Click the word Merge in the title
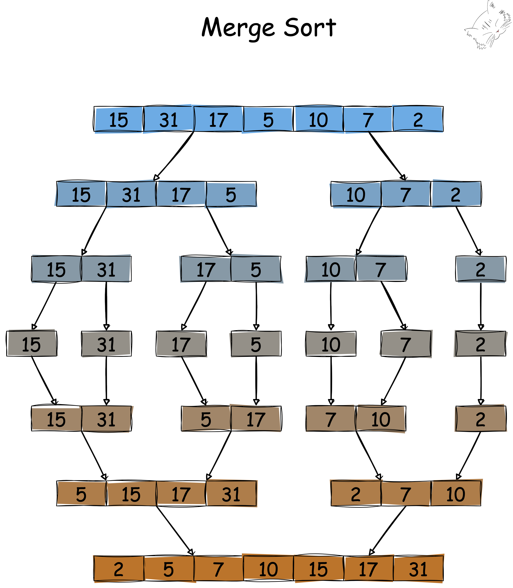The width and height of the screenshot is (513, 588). (x=238, y=28)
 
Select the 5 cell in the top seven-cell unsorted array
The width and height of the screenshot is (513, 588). (x=268, y=119)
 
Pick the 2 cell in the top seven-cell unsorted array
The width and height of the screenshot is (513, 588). (x=418, y=119)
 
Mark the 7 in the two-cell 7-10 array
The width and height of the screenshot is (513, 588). (x=331, y=419)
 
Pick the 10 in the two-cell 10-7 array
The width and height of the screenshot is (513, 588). (x=331, y=269)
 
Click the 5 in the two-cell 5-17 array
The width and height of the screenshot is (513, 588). (x=206, y=419)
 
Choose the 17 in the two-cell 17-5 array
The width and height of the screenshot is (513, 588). (x=206, y=269)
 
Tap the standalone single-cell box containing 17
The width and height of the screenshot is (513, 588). (x=181, y=344)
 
